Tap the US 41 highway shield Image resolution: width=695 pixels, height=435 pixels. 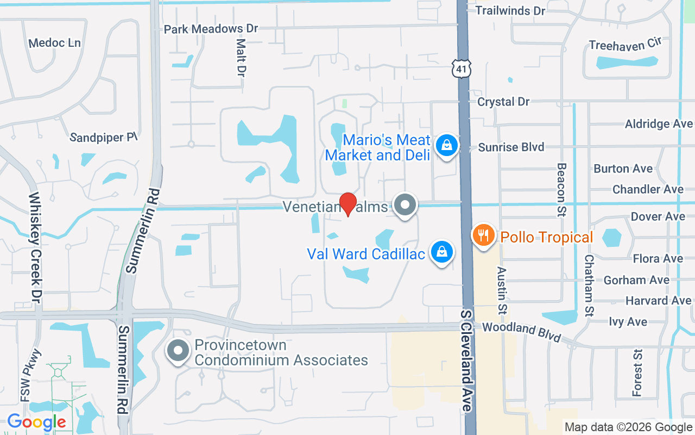click(461, 68)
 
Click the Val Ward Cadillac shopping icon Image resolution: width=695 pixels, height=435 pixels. click(442, 252)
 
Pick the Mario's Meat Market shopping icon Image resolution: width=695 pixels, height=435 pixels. click(446, 146)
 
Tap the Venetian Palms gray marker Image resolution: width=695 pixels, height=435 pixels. click(405, 206)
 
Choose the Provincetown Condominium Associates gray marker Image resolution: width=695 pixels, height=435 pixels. click(179, 351)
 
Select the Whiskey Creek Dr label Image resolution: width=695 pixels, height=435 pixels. click(36, 247)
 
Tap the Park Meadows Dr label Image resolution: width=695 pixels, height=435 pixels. click(211, 28)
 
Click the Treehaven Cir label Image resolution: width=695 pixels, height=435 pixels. click(625, 45)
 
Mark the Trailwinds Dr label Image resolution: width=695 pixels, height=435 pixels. click(510, 10)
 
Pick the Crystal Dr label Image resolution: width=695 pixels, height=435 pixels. click(503, 102)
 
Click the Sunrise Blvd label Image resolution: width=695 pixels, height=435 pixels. click(511, 147)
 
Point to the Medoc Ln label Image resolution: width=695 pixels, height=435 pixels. click(54, 42)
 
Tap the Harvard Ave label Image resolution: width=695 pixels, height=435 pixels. click(658, 301)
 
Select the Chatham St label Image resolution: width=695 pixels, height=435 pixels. click(589, 285)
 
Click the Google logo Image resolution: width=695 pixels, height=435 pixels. click(36, 422)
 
